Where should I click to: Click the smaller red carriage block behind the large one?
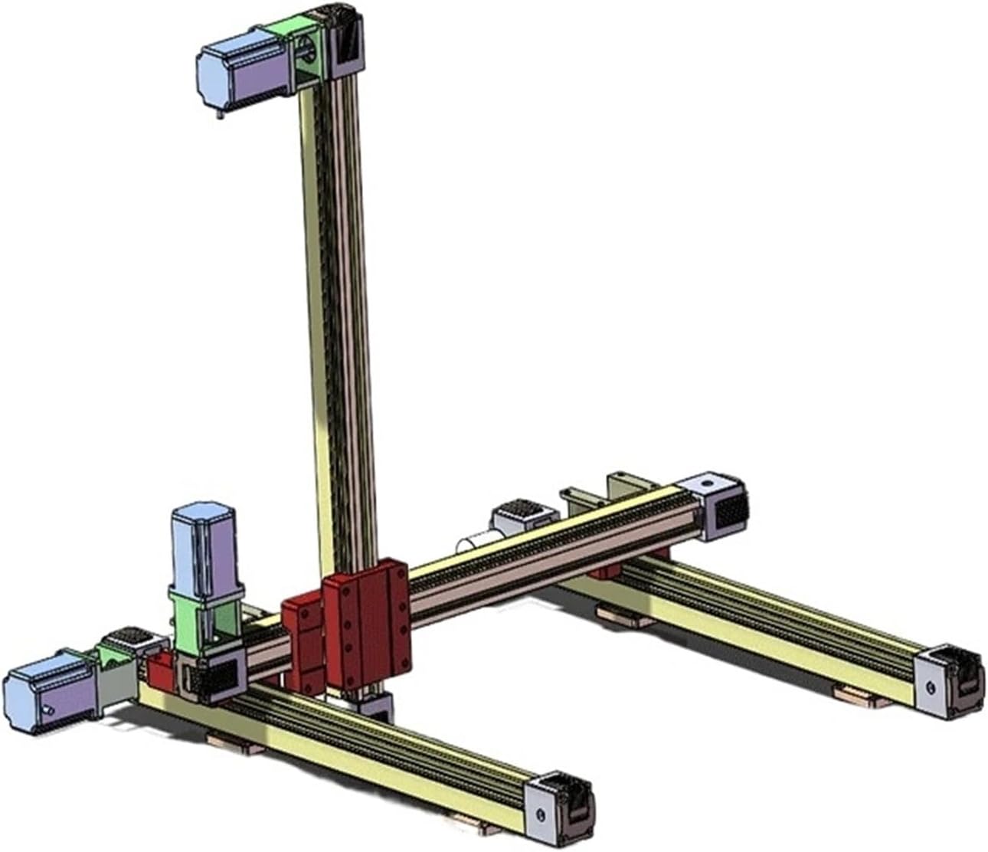pyautogui.click(x=303, y=636)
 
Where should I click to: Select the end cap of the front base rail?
pyautogui.click(x=559, y=804)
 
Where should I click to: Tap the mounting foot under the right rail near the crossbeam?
pyautogui.click(x=624, y=617)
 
